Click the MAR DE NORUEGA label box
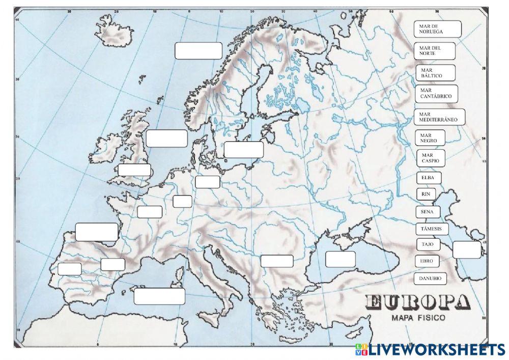438,29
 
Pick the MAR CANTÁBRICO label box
437,93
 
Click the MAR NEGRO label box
430,137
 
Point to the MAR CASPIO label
431,158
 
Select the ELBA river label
429,178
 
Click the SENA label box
427,211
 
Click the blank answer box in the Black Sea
340,259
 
